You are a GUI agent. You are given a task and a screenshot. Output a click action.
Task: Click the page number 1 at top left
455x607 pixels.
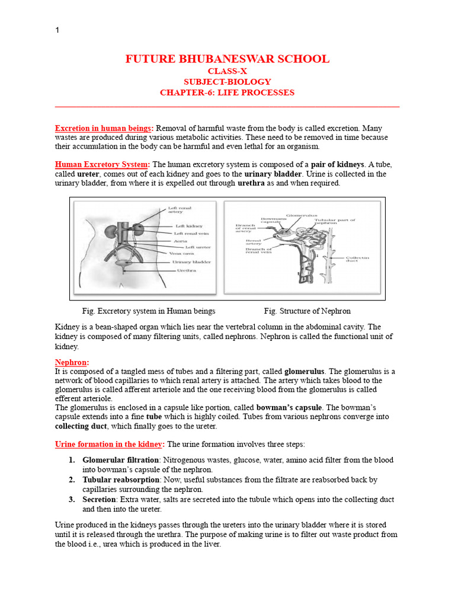[57, 31]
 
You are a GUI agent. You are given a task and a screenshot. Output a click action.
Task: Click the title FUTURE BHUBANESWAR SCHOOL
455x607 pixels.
[227, 59]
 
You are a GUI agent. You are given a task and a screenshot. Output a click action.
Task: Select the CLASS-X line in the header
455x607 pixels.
[227, 71]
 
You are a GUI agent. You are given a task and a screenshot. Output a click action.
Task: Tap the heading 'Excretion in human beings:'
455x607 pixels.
[104, 128]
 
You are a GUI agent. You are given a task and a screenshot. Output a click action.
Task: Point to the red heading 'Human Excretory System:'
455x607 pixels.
[103, 164]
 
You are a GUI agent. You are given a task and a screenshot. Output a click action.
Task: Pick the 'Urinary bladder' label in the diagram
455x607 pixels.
[191, 261]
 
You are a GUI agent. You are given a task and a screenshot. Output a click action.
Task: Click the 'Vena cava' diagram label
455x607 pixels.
[182, 254]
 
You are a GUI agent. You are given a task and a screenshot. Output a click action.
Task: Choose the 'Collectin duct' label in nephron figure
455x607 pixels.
[358, 260]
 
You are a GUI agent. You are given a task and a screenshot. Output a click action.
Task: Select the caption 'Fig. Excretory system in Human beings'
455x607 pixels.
[148, 311]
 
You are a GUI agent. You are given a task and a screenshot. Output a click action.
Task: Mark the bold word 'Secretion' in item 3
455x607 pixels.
[100, 499]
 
